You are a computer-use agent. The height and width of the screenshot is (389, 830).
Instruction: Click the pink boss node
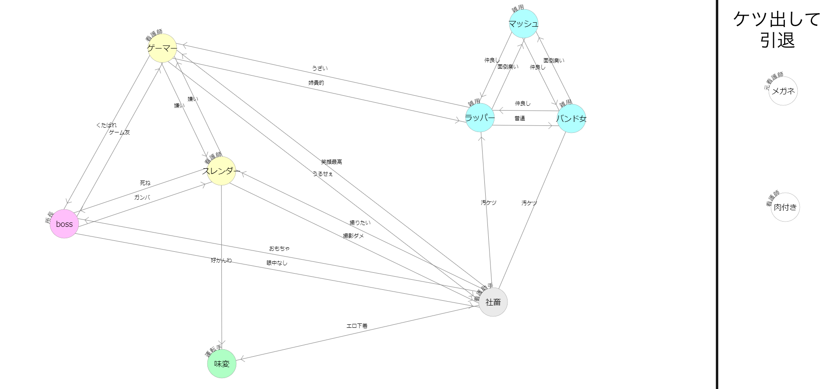pyautogui.click(x=64, y=224)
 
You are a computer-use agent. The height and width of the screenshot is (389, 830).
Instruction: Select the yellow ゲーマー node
pyautogui.click(x=162, y=49)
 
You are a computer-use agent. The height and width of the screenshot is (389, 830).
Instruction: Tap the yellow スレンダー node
pyautogui.click(x=221, y=171)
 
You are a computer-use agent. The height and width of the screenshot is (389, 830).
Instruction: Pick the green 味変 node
pyautogui.click(x=222, y=363)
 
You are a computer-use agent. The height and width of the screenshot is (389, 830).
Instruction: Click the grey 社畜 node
pyautogui.click(x=493, y=302)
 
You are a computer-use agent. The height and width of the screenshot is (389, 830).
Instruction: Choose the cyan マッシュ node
pyautogui.click(x=523, y=24)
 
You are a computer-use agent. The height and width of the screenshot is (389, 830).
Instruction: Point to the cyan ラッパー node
pyautogui.click(x=480, y=118)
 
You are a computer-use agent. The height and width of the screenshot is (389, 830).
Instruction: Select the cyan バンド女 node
pyautogui.click(x=571, y=118)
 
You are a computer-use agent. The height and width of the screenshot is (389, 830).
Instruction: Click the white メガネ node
pyautogui.click(x=783, y=91)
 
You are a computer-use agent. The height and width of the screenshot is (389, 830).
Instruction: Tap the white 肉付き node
pyautogui.click(x=785, y=207)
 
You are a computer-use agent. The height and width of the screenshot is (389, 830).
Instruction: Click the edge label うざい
pyautogui.click(x=319, y=69)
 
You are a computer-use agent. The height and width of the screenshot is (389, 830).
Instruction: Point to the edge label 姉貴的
pyautogui.click(x=316, y=83)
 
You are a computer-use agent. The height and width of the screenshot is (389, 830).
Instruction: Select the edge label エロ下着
pyautogui.click(x=357, y=326)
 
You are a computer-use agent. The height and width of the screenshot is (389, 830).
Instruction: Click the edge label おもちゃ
pyautogui.click(x=279, y=249)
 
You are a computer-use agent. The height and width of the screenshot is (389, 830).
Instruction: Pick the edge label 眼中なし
pyautogui.click(x=277, y=263)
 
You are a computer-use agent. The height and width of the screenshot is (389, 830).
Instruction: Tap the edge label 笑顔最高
pyautogui.click(x=331, y=162)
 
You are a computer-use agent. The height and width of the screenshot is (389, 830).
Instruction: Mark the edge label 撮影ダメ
pyautogui.click(x=353, y=236)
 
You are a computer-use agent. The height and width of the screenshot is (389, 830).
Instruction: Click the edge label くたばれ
pyautogui.click(x=106, y=125)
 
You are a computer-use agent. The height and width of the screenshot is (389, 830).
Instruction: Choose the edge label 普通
pyautogui.click(x=520, y=118)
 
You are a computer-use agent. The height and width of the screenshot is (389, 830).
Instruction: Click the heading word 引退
pyautogui.click(x=777, y=41)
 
